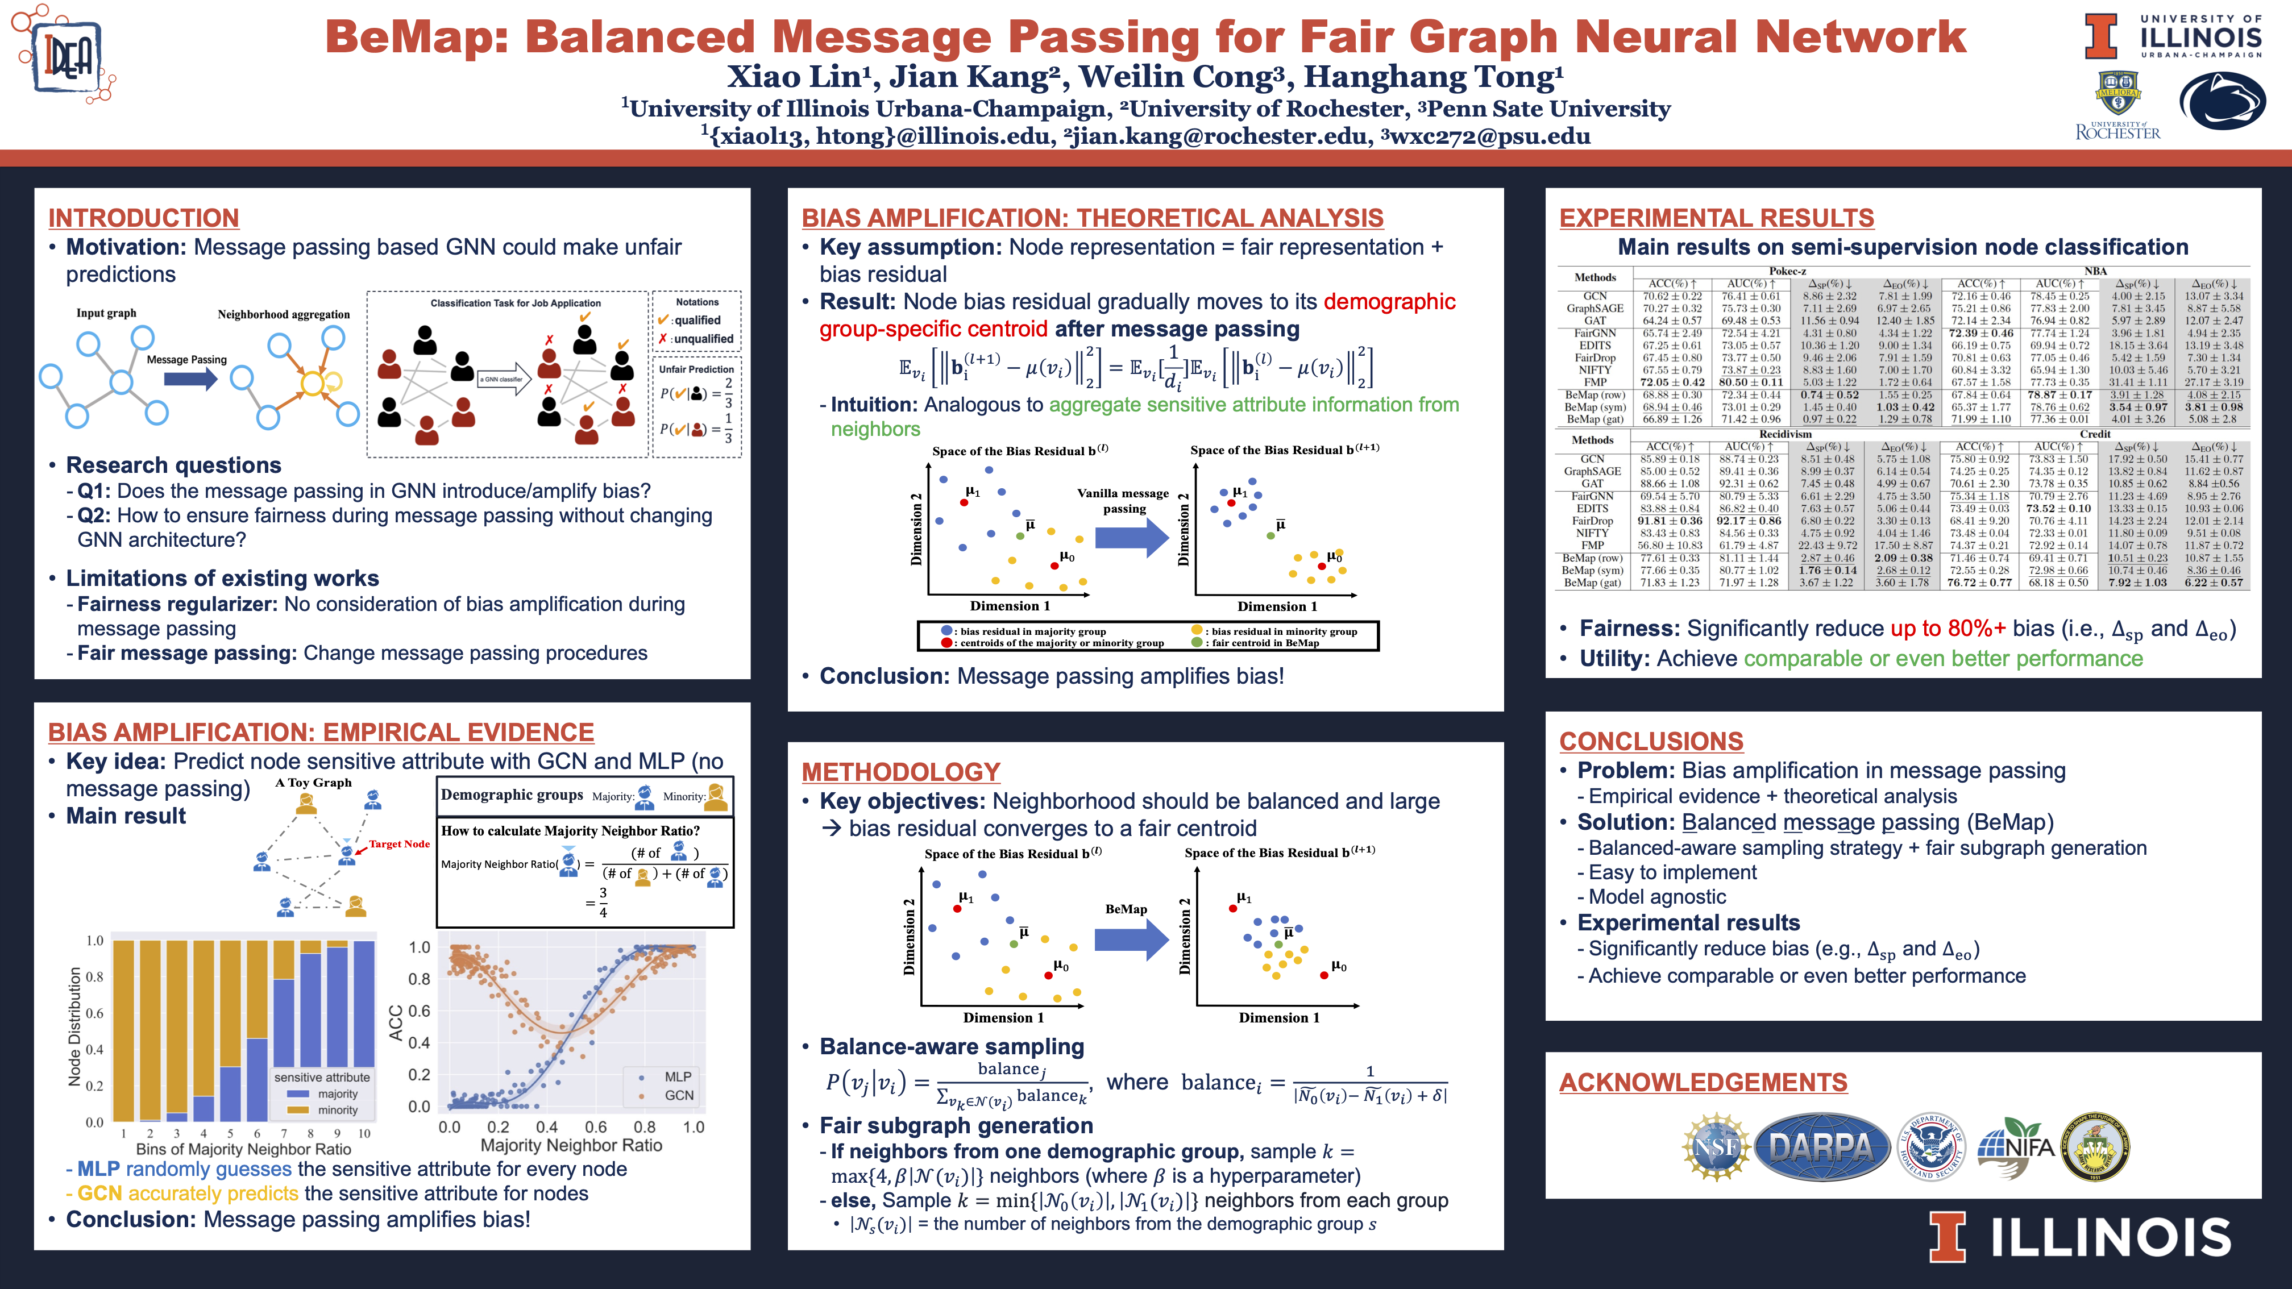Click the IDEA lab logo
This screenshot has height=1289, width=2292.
(x=65, y=55)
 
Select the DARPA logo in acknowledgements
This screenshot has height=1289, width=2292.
(x=1821, y=1147)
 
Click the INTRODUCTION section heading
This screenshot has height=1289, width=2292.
(x=143, y=218)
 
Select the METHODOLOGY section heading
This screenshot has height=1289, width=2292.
(x=900, y=772)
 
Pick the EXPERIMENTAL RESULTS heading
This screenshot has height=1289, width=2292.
(x=1716, y=218)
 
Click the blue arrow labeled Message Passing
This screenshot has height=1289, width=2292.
(x=190, y=379)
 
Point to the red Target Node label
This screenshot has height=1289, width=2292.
(x=398, y=844)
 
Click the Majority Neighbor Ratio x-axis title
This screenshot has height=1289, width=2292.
(x=571, y=1146)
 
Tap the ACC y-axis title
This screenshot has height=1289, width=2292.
(x=396, y=1023)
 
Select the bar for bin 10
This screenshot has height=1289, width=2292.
(x=364, y=1031)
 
